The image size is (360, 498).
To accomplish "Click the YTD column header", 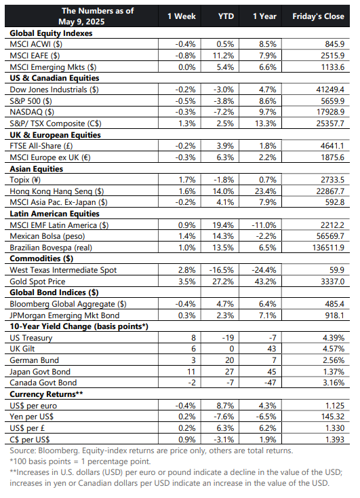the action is coord(226,16).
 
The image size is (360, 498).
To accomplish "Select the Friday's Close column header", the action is coord(318,16).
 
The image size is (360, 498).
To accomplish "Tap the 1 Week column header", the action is coord(182,16).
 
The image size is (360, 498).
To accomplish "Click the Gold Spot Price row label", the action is coord(37,282).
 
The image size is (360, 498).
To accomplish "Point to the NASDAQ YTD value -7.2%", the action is coord(224,112).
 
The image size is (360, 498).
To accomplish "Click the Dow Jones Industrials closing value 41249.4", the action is coord(330,90).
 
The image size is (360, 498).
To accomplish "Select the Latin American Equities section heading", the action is coord(55,214).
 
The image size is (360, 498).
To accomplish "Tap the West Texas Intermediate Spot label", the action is coord(63,270).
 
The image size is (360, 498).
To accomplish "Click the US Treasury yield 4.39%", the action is coord(334,338).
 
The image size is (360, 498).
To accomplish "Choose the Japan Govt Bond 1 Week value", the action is coord(191,372).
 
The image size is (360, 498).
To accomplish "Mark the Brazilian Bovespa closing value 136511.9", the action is coord(329,248).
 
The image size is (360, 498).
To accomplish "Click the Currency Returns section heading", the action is coord(46,394).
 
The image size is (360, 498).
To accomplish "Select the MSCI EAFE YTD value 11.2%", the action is coord(223,56).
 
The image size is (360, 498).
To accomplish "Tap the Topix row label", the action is coord(25,180).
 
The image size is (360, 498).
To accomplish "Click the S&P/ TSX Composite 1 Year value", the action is coord(265,123).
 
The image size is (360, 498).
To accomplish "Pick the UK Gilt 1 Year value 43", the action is coord(272,349).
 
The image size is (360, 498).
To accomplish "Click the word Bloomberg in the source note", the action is coord(59,451).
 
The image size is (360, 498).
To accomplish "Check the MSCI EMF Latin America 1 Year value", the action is coord(264,225).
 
